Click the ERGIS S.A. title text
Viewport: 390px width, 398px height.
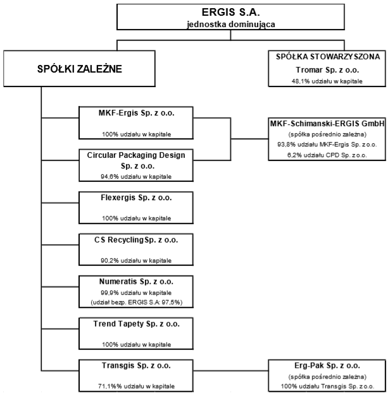[x=230, y=12]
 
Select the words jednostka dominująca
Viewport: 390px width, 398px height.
[x=230, y=25]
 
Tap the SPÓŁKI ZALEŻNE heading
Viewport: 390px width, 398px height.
[x=80, y=69]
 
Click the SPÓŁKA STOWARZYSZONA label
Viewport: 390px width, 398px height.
[x=328, y=57]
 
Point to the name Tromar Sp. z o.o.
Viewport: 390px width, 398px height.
[x=327, y=69]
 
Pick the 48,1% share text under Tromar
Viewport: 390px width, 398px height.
[x=327, y=81]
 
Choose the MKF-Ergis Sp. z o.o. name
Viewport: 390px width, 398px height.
[x=136, y=112]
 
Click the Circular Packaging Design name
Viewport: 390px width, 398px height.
[x=136, y=155]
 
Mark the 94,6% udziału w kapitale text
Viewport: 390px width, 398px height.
[x=136, y=176]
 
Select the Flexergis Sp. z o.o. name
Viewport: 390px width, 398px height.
[x=136, y=198]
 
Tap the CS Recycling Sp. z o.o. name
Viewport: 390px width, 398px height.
[x=136, y=240]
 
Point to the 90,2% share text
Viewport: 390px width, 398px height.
[x=136, y=260]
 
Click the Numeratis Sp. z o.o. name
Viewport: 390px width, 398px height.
[x=136, y=282]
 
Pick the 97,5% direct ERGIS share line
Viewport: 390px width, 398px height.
[x=137, y=303]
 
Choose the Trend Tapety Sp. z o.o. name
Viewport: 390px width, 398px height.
[x=136, y=324]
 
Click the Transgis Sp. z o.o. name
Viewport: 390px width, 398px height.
[x=136, y=366]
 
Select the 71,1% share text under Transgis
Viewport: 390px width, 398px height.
[x=136, y=387]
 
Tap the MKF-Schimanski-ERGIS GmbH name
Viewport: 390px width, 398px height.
[x=327, y=124]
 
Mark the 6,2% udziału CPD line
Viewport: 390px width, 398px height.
[x=327, y=155]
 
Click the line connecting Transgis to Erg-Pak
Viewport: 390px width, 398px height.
[x=230, y=371]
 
